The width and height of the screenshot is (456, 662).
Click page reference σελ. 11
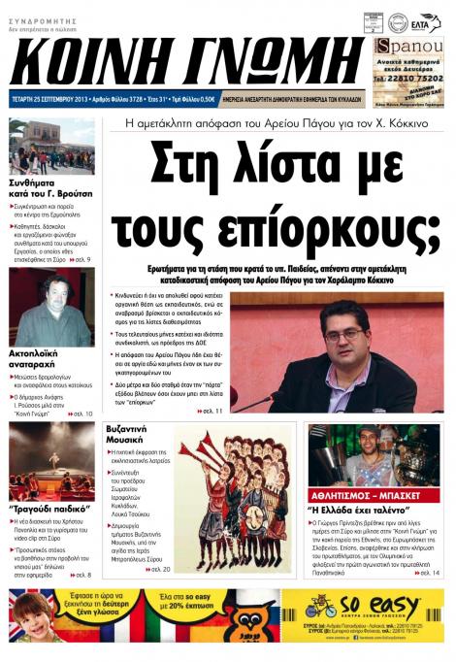coord(212,412)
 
